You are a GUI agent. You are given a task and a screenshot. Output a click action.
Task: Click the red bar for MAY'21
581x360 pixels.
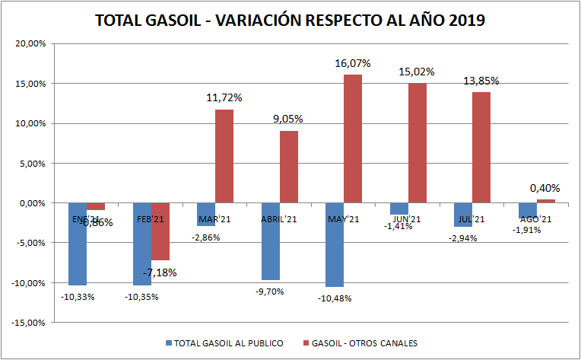tap(353, 139)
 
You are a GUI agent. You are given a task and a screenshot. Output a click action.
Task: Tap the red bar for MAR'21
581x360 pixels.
tap(224, 156)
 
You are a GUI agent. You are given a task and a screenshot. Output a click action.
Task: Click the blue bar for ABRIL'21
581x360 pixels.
tap(271, 241)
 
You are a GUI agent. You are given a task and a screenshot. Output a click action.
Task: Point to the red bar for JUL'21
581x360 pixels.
tap(481, 148)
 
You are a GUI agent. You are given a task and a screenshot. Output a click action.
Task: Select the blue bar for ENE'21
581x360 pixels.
tap(78, 244)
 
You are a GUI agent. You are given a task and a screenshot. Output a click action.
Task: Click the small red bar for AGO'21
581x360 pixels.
tap(546, 202)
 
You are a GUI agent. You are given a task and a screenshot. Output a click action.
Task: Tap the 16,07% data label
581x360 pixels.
tap(353, 65)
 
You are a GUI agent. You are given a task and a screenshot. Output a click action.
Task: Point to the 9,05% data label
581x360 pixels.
tap(288, 119)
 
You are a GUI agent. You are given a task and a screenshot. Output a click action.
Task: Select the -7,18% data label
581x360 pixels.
tap(160, 272)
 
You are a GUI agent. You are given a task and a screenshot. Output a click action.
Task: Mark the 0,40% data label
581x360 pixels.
tap(544, 188)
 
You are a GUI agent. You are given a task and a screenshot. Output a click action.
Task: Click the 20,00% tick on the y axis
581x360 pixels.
tap(31, 43)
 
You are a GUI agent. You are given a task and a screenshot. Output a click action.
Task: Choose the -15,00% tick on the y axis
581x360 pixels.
tap(30, 323)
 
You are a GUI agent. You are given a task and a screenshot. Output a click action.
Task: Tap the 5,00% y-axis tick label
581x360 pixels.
tap(33, 163)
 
